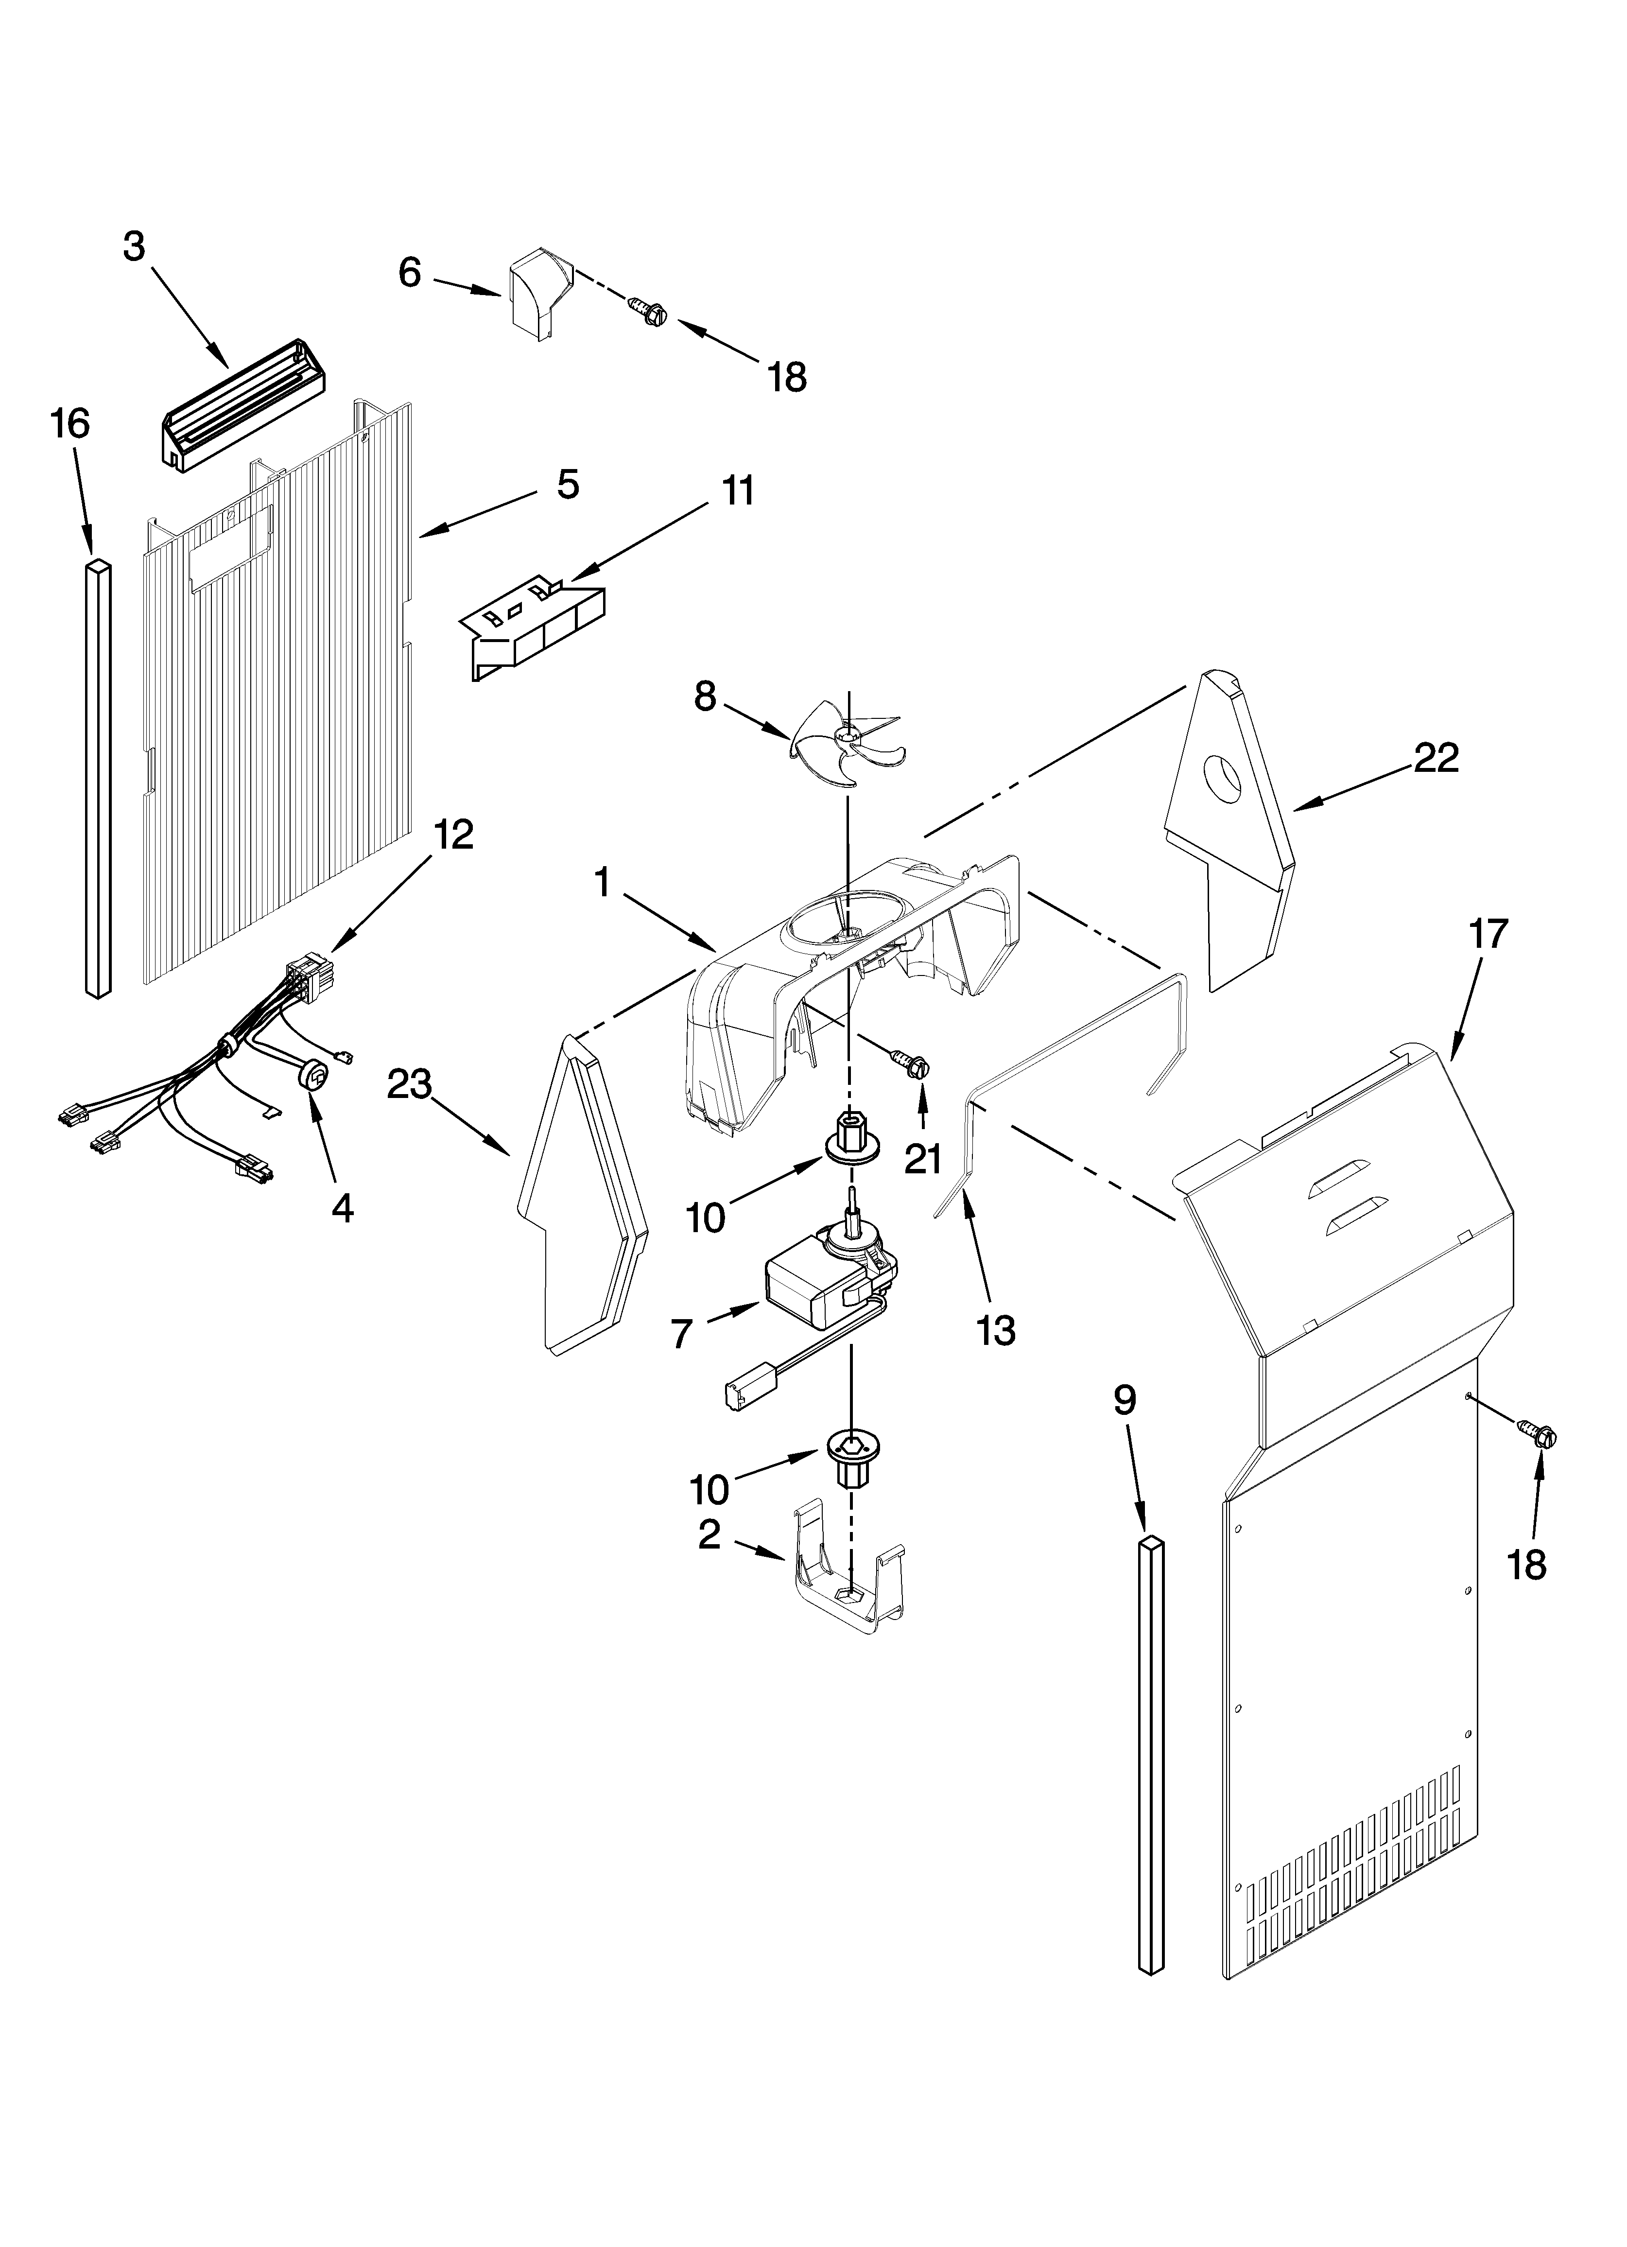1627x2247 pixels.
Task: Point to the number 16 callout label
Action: click(x=70, y=423)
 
